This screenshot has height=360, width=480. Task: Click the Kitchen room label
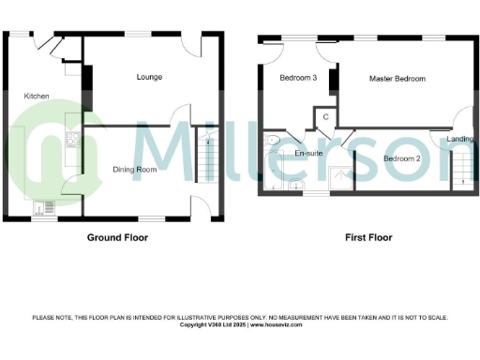pos(37,96)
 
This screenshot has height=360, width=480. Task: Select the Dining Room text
pos(135,170)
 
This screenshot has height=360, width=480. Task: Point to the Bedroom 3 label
pos(298,79)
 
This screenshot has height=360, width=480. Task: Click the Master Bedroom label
pos(397,79)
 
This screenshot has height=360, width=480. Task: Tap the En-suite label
pos(308,153)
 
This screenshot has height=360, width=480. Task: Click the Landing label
pos(459,140)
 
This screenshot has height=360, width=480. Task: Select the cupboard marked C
pos(324,116)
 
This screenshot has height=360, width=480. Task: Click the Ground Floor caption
pos(117,238)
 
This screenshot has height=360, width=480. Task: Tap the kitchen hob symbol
pos(72,142)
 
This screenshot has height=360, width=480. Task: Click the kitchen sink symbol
pos(43,208)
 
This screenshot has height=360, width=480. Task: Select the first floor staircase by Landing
pos(460,171)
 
